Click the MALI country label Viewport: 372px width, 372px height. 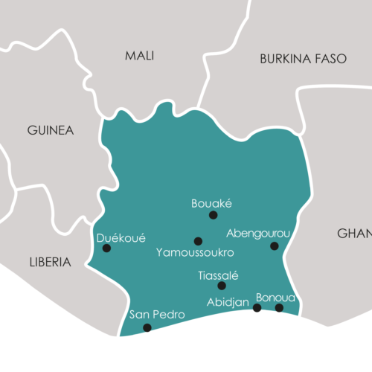[139, 56]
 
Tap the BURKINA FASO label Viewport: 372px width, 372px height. [303, 59]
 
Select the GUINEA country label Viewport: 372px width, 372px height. [51, 130]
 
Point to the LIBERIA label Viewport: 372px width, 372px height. [50, 262]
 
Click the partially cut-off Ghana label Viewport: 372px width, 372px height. [354, 234]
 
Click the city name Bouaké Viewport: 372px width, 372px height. [212, 202]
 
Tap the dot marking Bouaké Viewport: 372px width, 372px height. [213, 215]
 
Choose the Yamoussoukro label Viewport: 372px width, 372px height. [196, 253]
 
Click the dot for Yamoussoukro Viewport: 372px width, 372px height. [198, 241]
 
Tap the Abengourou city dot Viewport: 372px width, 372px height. [274, 246]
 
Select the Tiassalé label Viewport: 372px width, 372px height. [218, 275]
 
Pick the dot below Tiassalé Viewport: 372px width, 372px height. [221, 286]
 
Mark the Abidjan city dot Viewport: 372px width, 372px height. [257, 307]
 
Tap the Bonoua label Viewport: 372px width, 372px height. [275, 297]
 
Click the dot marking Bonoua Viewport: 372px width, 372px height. [279, 307]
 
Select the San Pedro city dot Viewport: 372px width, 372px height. [147, 327]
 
